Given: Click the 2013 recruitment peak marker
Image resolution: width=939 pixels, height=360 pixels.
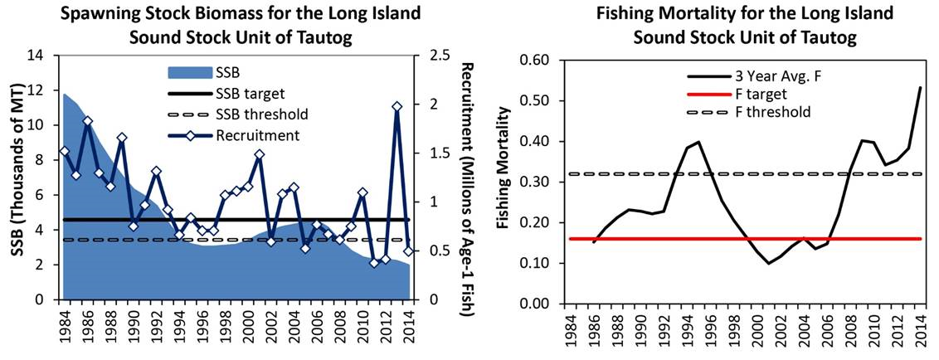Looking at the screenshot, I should click(397, 107).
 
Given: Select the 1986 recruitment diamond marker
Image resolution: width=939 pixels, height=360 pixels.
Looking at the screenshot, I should click(87, 121).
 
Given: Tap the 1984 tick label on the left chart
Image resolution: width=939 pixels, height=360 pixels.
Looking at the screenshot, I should click(65, 324).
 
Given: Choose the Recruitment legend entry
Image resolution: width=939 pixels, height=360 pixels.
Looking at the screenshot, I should click(248, 134).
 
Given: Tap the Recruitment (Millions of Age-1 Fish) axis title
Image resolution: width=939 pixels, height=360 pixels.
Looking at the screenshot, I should click(465, 188).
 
